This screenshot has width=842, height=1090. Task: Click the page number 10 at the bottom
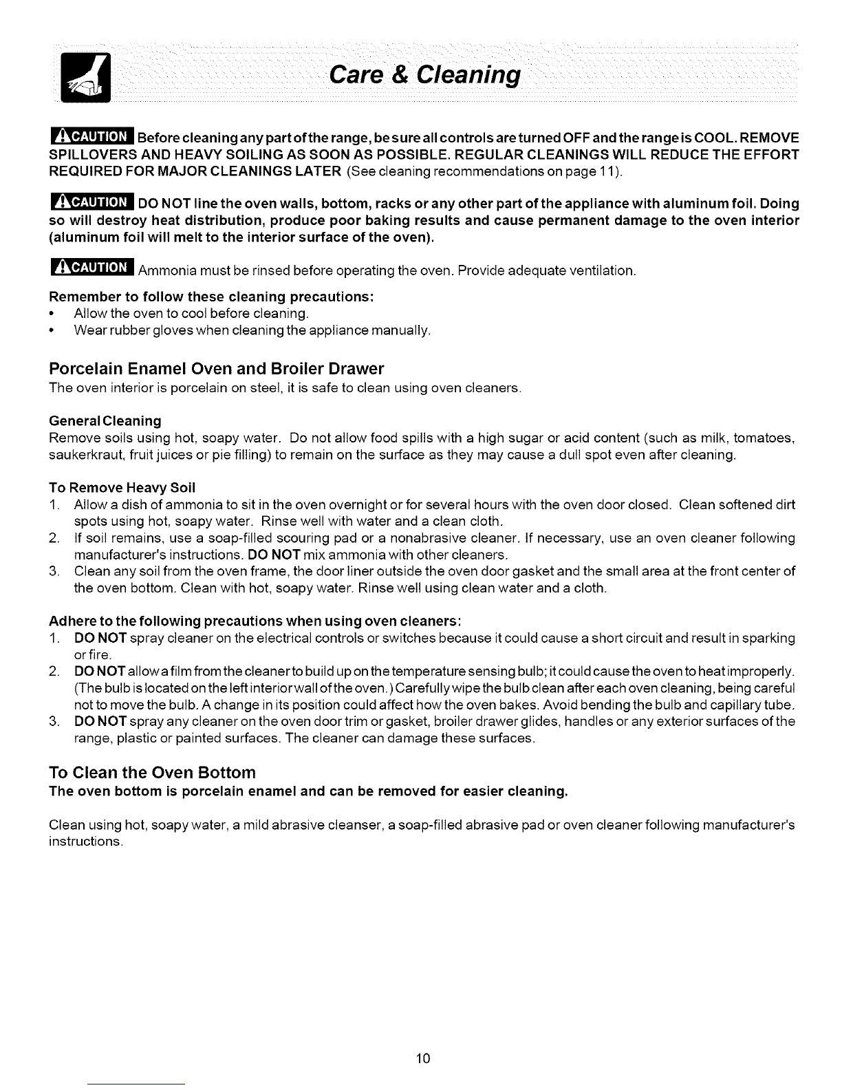tap(423, 1058)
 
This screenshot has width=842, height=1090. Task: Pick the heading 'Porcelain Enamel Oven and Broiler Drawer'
tap(217, 368)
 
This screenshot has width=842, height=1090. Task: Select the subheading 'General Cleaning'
tap(105, 420)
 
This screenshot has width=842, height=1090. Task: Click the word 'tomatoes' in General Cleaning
tap(764, 438)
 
